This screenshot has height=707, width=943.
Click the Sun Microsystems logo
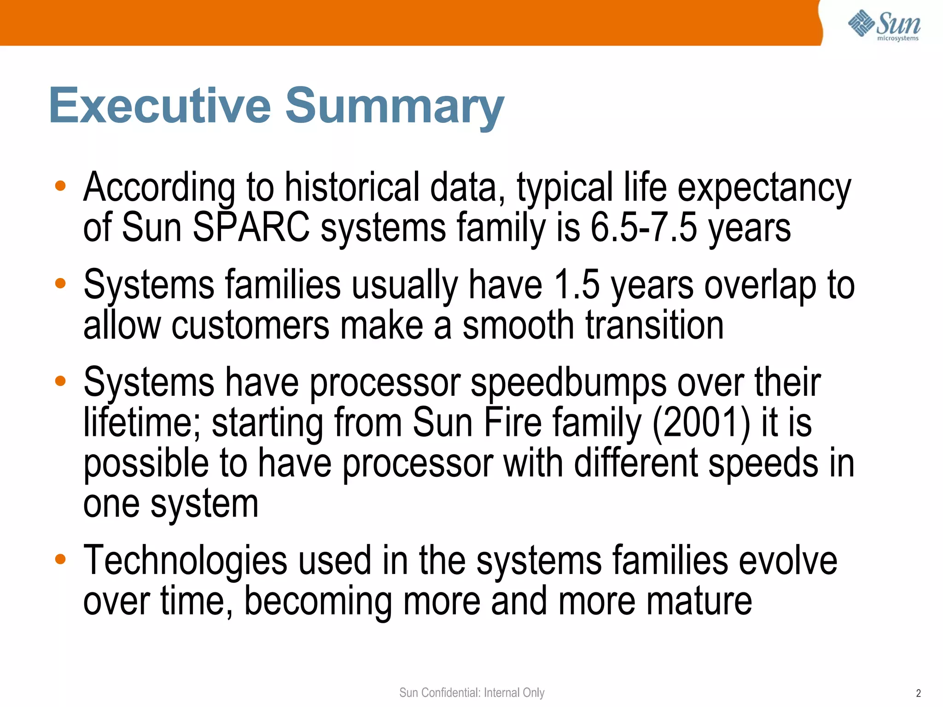tap(884, 25)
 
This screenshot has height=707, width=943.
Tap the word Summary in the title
tap(395, 107)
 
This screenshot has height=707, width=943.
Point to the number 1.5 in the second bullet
tap(576, 285)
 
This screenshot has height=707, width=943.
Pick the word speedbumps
tap(568, 383)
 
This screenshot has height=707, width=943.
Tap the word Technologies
tap(185, 561)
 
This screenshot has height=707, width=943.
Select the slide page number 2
tap(918, 693)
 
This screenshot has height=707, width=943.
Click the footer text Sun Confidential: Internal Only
tap(471, 692)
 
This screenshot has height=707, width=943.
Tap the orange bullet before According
tap(60, 186)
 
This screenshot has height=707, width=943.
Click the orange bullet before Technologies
tap(60, 559)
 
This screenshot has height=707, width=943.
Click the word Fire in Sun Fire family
tap(512, 423)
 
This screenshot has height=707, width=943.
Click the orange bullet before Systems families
tap(60, 283)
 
